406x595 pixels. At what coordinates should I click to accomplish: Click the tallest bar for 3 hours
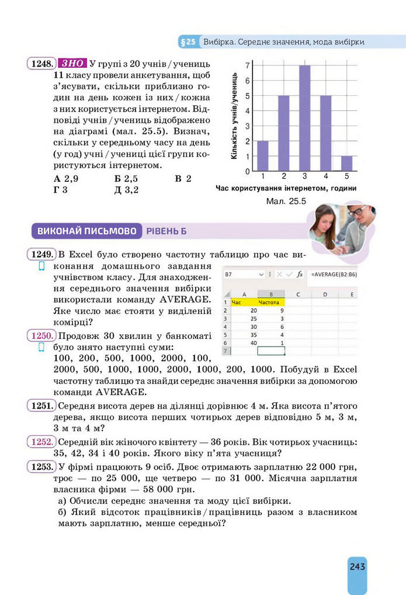click(x=304, y=117)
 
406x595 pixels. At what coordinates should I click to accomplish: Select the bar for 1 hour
click(x=263, y=155)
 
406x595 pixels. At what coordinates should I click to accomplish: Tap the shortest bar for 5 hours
click(x=346, y=163)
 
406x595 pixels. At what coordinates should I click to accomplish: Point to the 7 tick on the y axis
click(x=248, y=65)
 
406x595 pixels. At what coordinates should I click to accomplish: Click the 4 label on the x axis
click(x=325, y=176)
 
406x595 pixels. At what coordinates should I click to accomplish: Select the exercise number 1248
click(x=41, y=63)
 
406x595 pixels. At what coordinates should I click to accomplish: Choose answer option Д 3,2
click(x=127, y=189)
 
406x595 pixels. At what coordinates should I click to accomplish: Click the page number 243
click(x=357, y=566)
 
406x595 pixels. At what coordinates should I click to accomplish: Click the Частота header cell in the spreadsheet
click(x=269, y=302)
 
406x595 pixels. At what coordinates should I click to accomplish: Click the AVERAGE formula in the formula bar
click(x=331, y=274)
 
